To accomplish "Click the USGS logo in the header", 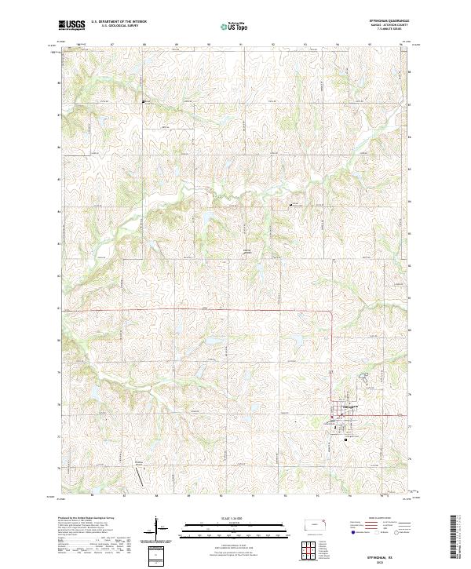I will point(72,26).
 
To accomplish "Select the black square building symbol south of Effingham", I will point(346,440).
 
